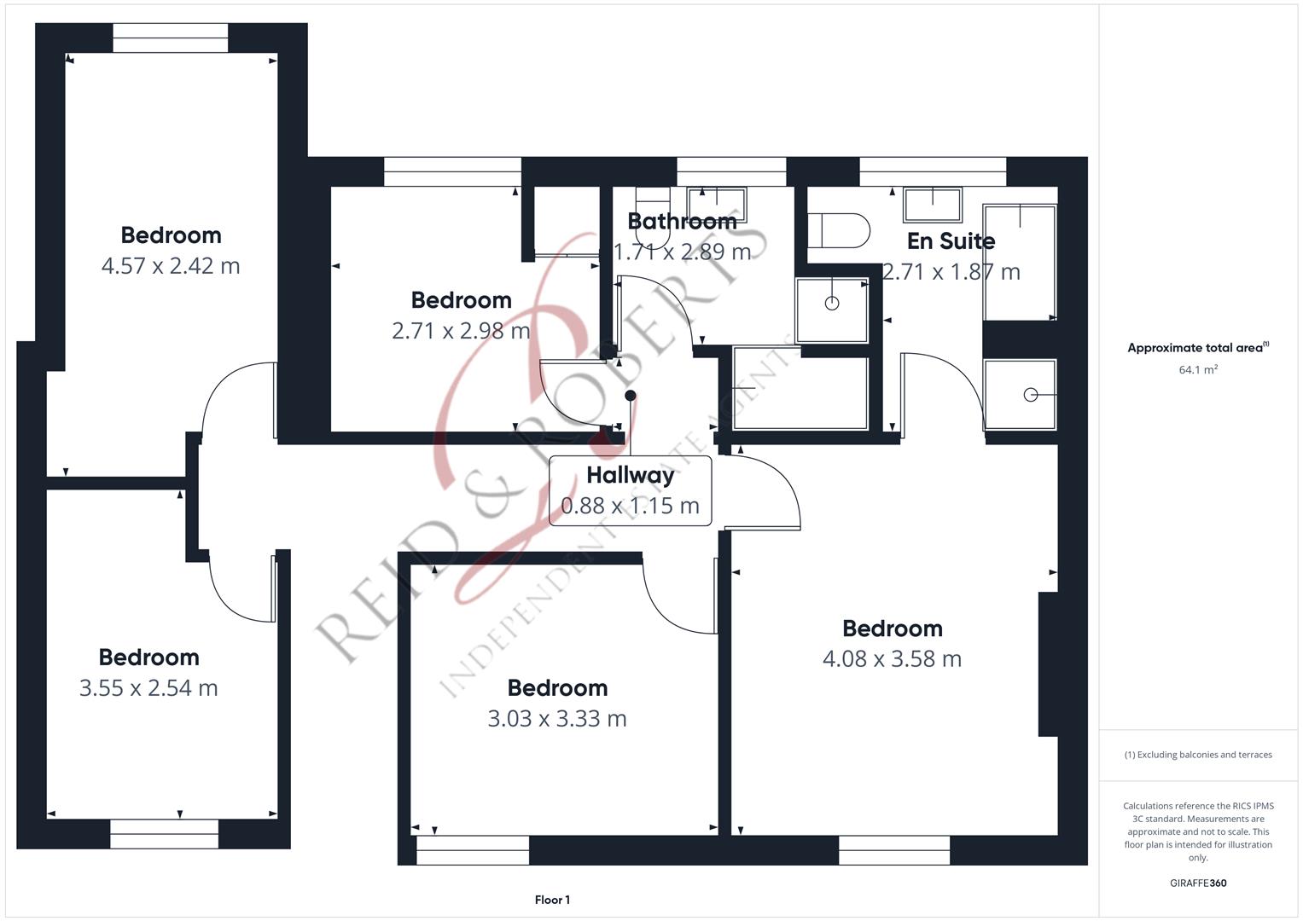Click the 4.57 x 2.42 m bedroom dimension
[x=171, y=266]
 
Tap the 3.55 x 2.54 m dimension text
[x=148, y=688]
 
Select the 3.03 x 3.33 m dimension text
[x=557, y=719]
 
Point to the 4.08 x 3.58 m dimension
[x=893, y=658]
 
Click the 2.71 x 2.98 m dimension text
[x=462, y=331]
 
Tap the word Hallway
[x=631, y=476]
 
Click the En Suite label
[x=951, y=240]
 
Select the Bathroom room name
[x=683, y=221]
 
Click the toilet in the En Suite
[x=838, y=231]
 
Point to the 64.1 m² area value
[x=1198, y=369]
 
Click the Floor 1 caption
[x=552, y=900]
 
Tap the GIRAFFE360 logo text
[x=1198, y=883]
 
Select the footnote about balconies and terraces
[x=1198, y=755]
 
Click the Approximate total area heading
[x=1198, y=347]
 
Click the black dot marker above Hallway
[x=631, y=396]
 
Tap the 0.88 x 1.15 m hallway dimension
[x=630, y=506]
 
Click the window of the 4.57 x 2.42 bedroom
[x=171, y=38]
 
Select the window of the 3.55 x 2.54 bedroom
[x=164, y=834]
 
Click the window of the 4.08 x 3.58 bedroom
[x=894, y=850]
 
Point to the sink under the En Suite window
[x=933, y=204]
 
